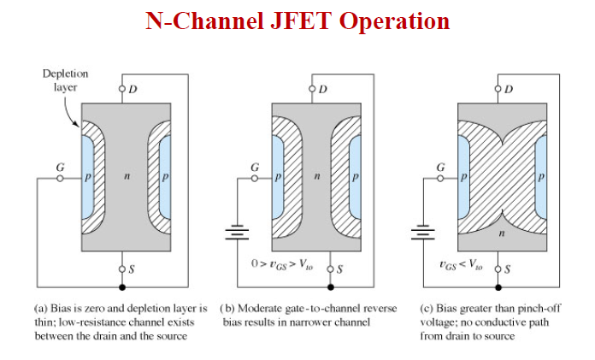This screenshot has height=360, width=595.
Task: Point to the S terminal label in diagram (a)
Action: [132, 270]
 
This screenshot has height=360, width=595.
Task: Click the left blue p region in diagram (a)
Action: [88, 177]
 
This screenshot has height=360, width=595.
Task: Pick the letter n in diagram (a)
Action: [124, 177]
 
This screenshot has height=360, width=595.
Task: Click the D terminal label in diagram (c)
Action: [510, 88]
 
